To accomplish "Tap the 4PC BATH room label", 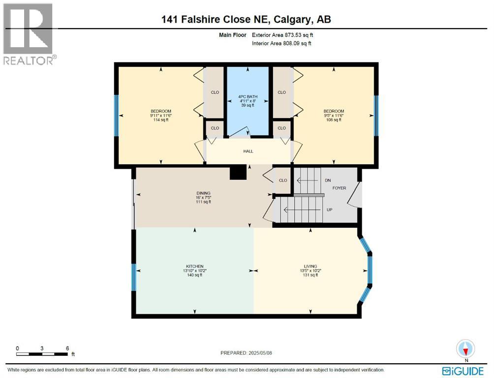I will [248, 96].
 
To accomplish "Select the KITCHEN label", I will [195, 266].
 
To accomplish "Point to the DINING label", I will [203, 193].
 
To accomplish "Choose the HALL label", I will [248, 151].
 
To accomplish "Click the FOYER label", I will [340, 188].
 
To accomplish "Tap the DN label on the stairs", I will [328, 181].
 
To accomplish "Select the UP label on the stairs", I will [330, 209].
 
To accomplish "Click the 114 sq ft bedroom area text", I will [161, 120].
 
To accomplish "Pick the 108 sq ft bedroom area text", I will [334, 120].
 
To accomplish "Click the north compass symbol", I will [465, 349].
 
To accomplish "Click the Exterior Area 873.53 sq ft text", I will [281, 35].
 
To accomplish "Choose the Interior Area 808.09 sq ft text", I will [281, 43].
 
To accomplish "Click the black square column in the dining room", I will [238, 173].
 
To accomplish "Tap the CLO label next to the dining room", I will [283, 180].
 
